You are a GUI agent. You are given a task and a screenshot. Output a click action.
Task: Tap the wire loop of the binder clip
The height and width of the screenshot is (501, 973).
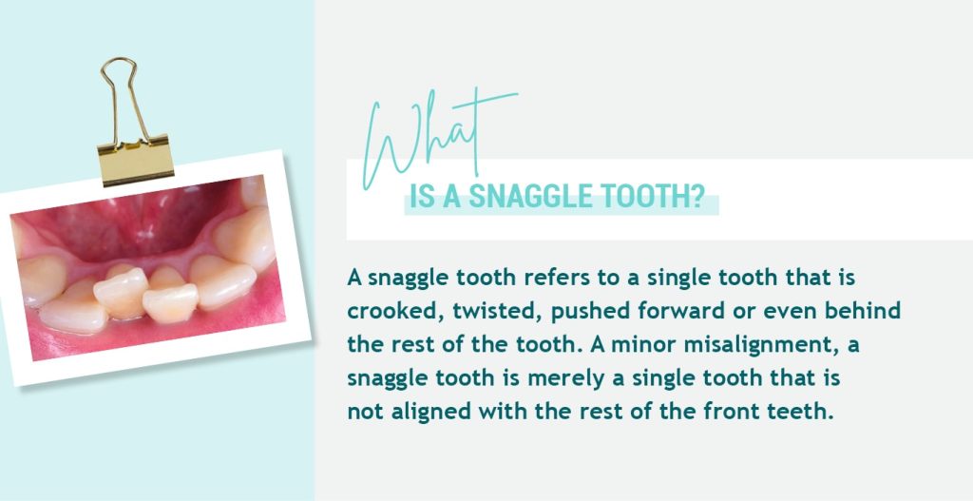coord(121,95)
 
